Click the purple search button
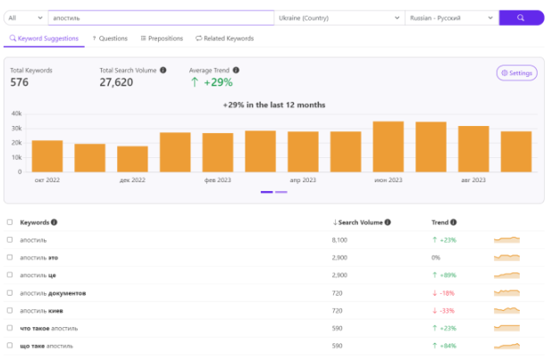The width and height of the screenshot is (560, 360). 522,18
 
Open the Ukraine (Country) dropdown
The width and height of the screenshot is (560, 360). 339,18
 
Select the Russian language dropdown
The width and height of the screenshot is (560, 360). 452,18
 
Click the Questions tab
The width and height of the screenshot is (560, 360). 110,38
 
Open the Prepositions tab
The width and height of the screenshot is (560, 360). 162,38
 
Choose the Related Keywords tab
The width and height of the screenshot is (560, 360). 225,38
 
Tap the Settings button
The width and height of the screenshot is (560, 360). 517,73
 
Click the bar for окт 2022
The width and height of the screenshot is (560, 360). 47,156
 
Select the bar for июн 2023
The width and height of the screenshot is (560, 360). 389,147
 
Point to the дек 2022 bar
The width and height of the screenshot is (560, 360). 132,159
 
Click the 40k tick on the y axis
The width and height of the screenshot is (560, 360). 16,113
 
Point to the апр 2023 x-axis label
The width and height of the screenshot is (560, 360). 303,180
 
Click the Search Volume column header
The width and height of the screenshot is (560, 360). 362,222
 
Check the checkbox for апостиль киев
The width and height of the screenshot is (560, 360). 10,310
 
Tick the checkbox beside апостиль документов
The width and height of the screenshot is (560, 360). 10,293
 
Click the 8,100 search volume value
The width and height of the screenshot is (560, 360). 339,240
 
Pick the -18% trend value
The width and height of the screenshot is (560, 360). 443,293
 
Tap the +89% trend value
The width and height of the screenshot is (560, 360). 444,275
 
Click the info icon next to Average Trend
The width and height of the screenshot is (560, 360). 236,70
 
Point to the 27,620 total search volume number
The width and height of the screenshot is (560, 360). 116,82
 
